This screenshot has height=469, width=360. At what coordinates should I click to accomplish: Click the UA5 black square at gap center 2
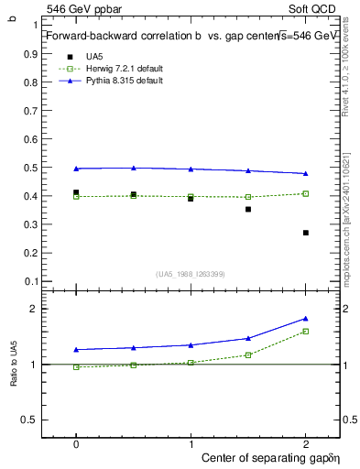click(x=306, y=233)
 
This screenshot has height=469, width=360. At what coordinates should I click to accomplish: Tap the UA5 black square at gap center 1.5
click(x=248, y=209)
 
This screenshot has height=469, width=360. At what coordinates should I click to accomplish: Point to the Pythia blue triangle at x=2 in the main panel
click(x=306, y=173)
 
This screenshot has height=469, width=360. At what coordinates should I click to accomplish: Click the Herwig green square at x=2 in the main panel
click(x=306, y=193)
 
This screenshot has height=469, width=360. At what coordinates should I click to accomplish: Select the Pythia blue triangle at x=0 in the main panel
click(x=76, y=169)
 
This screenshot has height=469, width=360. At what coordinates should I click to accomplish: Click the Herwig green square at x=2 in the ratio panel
click(x=306, y=331)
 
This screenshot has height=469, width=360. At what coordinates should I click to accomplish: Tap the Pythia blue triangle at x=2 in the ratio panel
click(x=306, y=318)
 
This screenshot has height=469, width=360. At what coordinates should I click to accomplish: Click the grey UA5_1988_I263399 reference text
click(x=191, y=274)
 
